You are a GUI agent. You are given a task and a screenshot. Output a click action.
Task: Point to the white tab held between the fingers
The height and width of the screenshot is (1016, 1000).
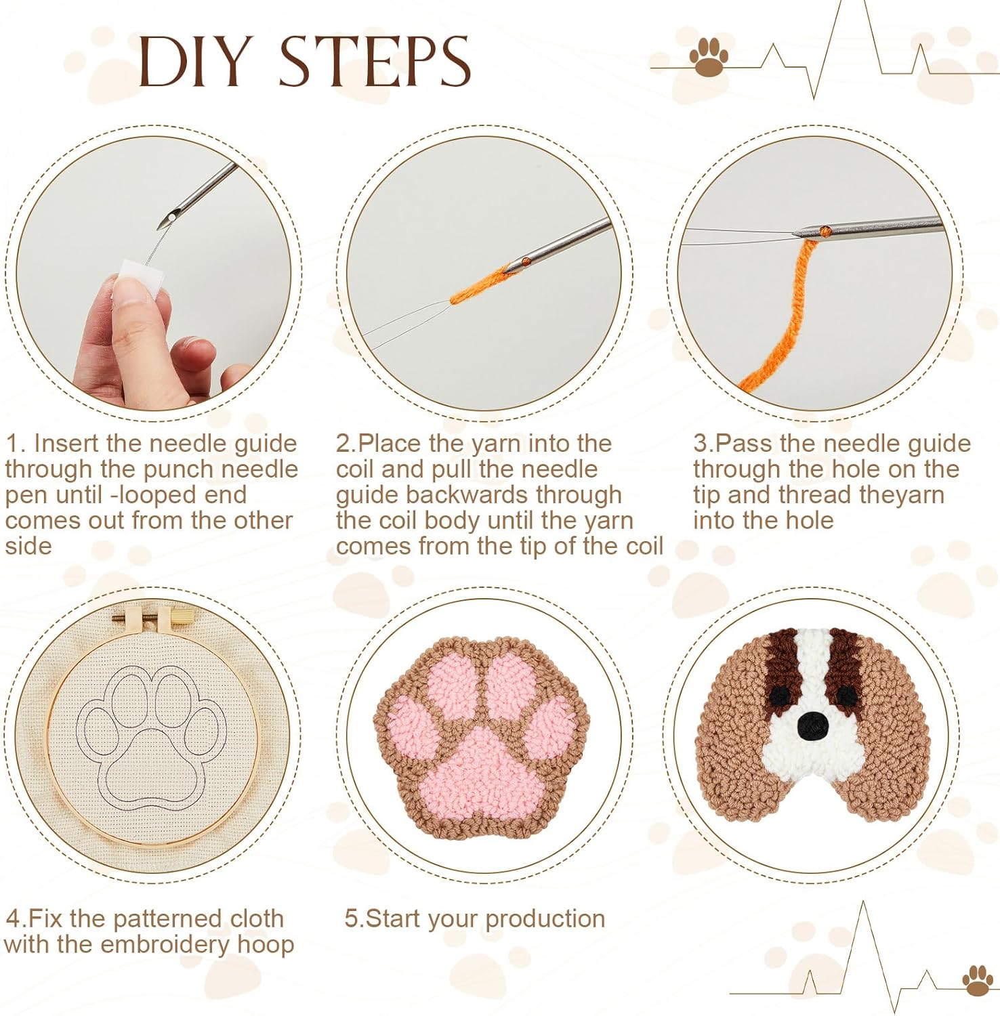[x=139, y=276]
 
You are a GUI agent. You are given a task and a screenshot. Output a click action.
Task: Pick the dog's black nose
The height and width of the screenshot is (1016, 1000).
[x=812, y=727]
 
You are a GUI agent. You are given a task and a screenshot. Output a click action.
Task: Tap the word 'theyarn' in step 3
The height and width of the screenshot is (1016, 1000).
[x=901, y=495]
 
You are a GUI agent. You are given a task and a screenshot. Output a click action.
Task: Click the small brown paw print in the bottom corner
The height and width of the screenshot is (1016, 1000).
[x=977, y=980]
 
